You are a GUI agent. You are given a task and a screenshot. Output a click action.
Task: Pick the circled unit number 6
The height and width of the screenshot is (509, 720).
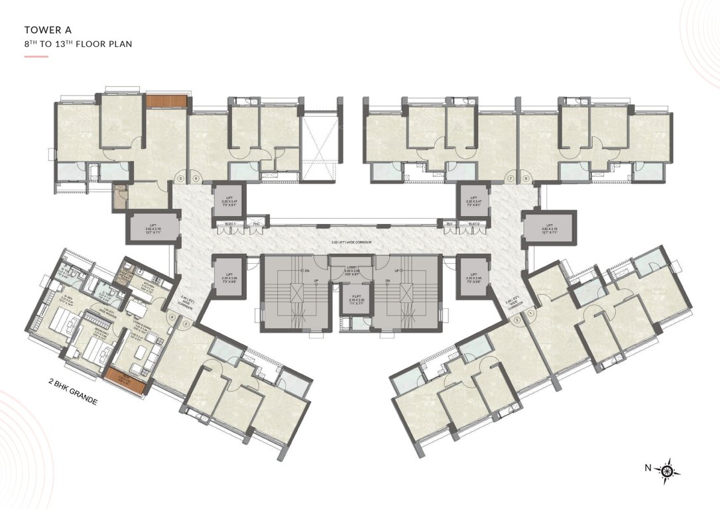click(196, 178)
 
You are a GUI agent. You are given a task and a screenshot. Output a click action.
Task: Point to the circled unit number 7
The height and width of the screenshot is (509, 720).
click(510, 178)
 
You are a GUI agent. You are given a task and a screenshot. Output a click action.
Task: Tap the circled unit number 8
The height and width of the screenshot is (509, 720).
click(525, 178)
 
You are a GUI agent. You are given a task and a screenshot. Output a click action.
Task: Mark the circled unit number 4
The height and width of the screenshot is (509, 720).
click(172, 317)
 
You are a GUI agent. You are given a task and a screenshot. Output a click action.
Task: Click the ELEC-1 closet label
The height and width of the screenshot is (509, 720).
click(229, 224)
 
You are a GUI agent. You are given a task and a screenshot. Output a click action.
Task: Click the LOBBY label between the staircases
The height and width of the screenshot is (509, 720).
click(351, 268)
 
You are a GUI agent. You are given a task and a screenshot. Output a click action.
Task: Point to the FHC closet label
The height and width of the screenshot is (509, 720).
click(256, 224)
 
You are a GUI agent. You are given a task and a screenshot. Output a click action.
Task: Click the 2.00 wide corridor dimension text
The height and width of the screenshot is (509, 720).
click(351, 243)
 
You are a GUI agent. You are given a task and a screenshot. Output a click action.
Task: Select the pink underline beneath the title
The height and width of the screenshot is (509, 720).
click(36, 57)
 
